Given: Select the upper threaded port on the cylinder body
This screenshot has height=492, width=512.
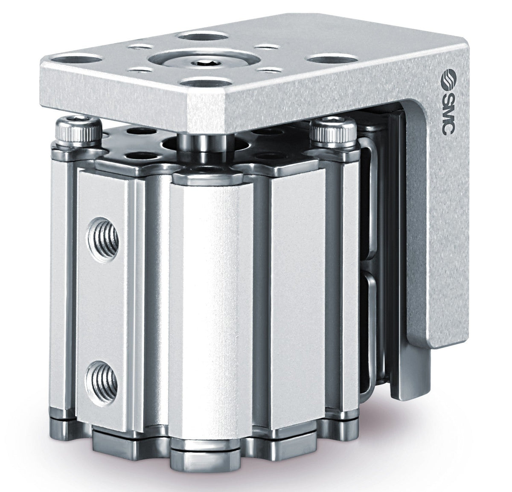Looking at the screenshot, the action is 102,239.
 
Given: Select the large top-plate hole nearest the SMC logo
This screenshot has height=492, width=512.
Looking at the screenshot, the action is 329,58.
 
